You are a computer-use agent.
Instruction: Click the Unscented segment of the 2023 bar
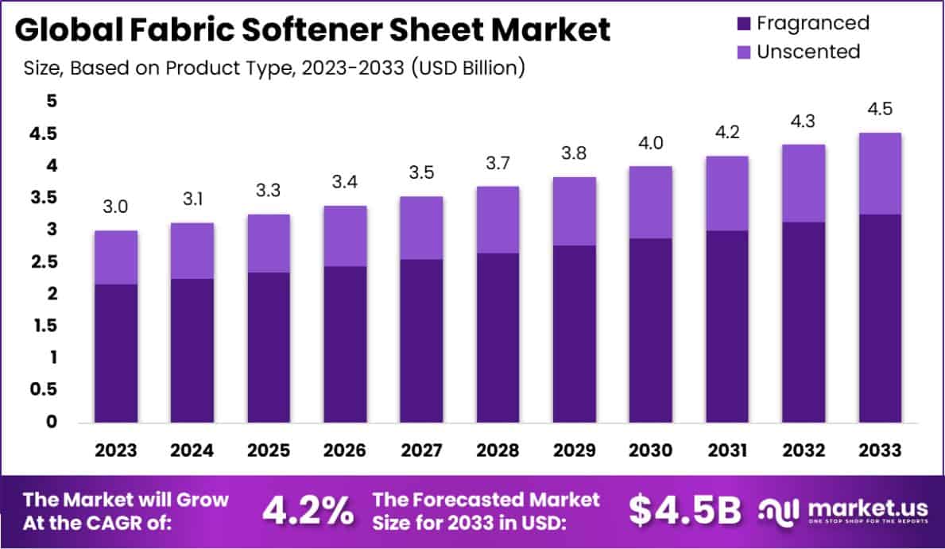tap(116, 257)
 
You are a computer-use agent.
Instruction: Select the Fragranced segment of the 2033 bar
tap(880, 318)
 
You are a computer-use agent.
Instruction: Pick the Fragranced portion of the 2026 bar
tap(345, 343)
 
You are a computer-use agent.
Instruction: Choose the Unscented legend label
tap(808, 52)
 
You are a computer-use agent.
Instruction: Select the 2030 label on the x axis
tap(651, 450)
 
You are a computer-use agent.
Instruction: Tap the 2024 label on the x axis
tap(192, 450)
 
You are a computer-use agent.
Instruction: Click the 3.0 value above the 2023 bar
tap(116, 208)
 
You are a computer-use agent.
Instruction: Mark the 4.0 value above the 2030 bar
tap(651, 144)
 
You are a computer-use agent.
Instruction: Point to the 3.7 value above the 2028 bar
tap(498, 164)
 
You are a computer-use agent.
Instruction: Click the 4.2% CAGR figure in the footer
tap(308, 512)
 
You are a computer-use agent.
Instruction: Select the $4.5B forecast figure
tap(685, 512)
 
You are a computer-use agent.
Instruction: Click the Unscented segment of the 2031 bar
tap(727, 193)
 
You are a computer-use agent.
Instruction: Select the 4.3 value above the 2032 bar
tap(804, 122)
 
